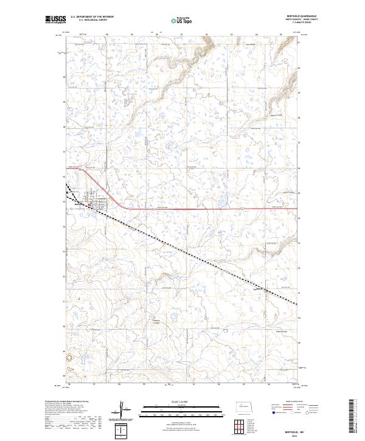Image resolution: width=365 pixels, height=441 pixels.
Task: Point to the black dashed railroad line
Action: [x=182, y=249]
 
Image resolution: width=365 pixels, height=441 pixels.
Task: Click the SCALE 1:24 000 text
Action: [x=182, y=403]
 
